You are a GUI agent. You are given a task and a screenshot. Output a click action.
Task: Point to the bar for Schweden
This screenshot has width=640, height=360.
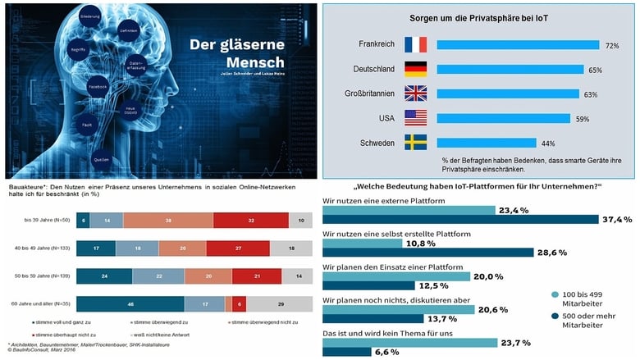tap(487, 143)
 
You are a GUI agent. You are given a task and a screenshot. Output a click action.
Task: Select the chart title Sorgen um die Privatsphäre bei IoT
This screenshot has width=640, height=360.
tap(479, 17)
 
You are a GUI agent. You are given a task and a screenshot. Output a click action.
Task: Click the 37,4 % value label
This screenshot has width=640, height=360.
tap(617, 220)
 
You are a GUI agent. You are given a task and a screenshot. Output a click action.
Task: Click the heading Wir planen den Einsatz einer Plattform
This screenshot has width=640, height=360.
tap(393, 267)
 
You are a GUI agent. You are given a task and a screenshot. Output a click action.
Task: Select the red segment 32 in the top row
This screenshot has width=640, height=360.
tap(251, 221)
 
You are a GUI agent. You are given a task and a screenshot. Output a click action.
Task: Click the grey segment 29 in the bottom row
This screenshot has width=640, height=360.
tap(281, 304)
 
